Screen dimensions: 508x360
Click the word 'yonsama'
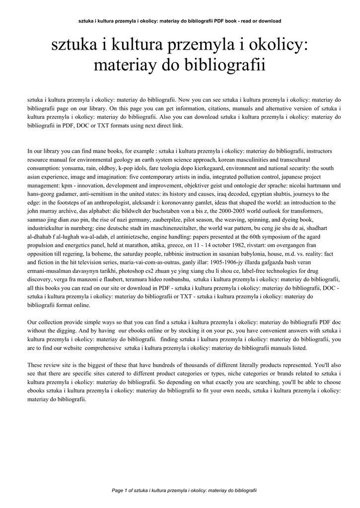click(x=74, y=168)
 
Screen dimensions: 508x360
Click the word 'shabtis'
click(x=275, y=193)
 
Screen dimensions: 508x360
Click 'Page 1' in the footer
click(x=120, y=490)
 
